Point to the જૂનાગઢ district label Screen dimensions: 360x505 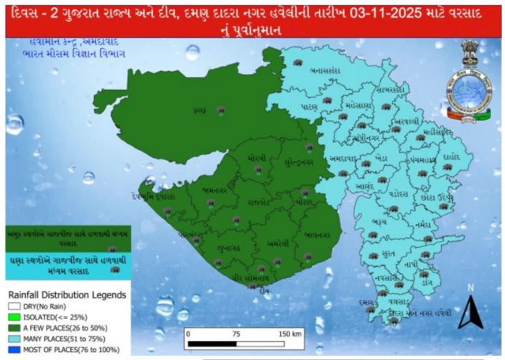click(x=229, y=246)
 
